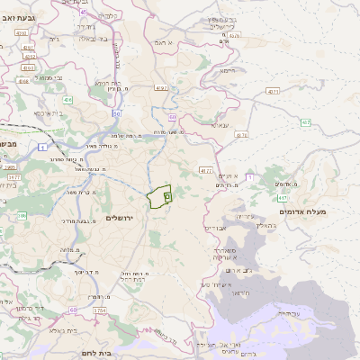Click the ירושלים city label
[124, 218]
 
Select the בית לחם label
[94, 354]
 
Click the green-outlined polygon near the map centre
[160, 195]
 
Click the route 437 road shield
[306, 122]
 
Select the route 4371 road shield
[273, 91]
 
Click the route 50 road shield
[117, 114]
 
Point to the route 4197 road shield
[161, 88]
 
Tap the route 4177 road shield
[206, 168]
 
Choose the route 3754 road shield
[99, 310]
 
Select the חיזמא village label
[228, 69]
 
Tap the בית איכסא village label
[47, 113]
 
